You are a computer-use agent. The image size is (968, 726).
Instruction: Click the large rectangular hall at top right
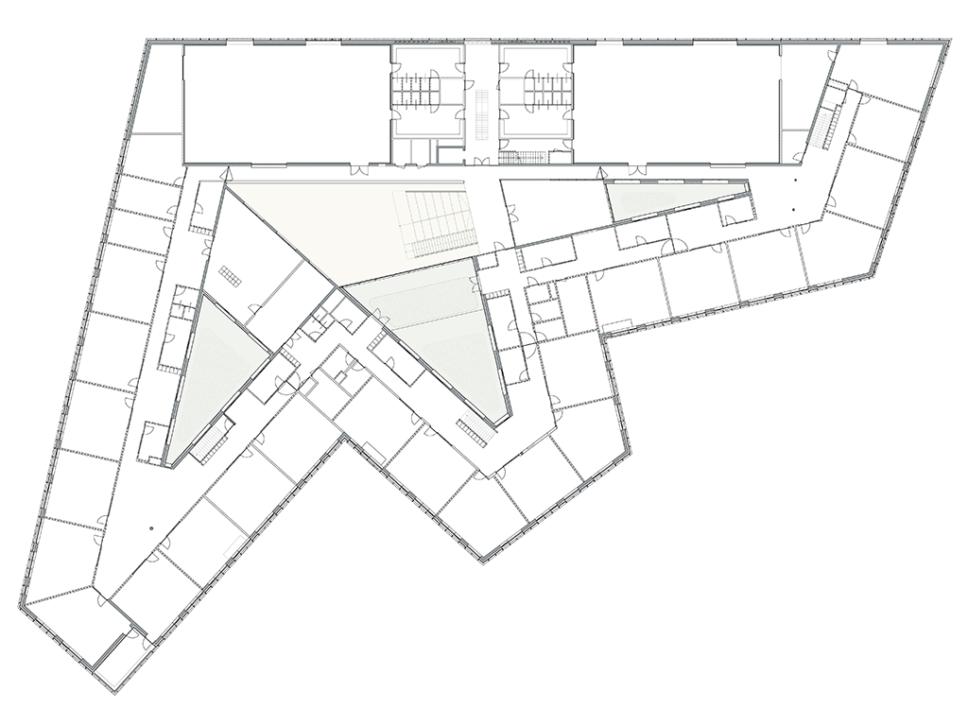(675, 104)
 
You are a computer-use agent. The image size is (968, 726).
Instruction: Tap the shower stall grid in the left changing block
(422, 89)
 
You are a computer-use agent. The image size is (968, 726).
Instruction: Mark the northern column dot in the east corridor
(796, 179)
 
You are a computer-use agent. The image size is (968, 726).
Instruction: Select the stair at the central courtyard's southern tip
(475, 430)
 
